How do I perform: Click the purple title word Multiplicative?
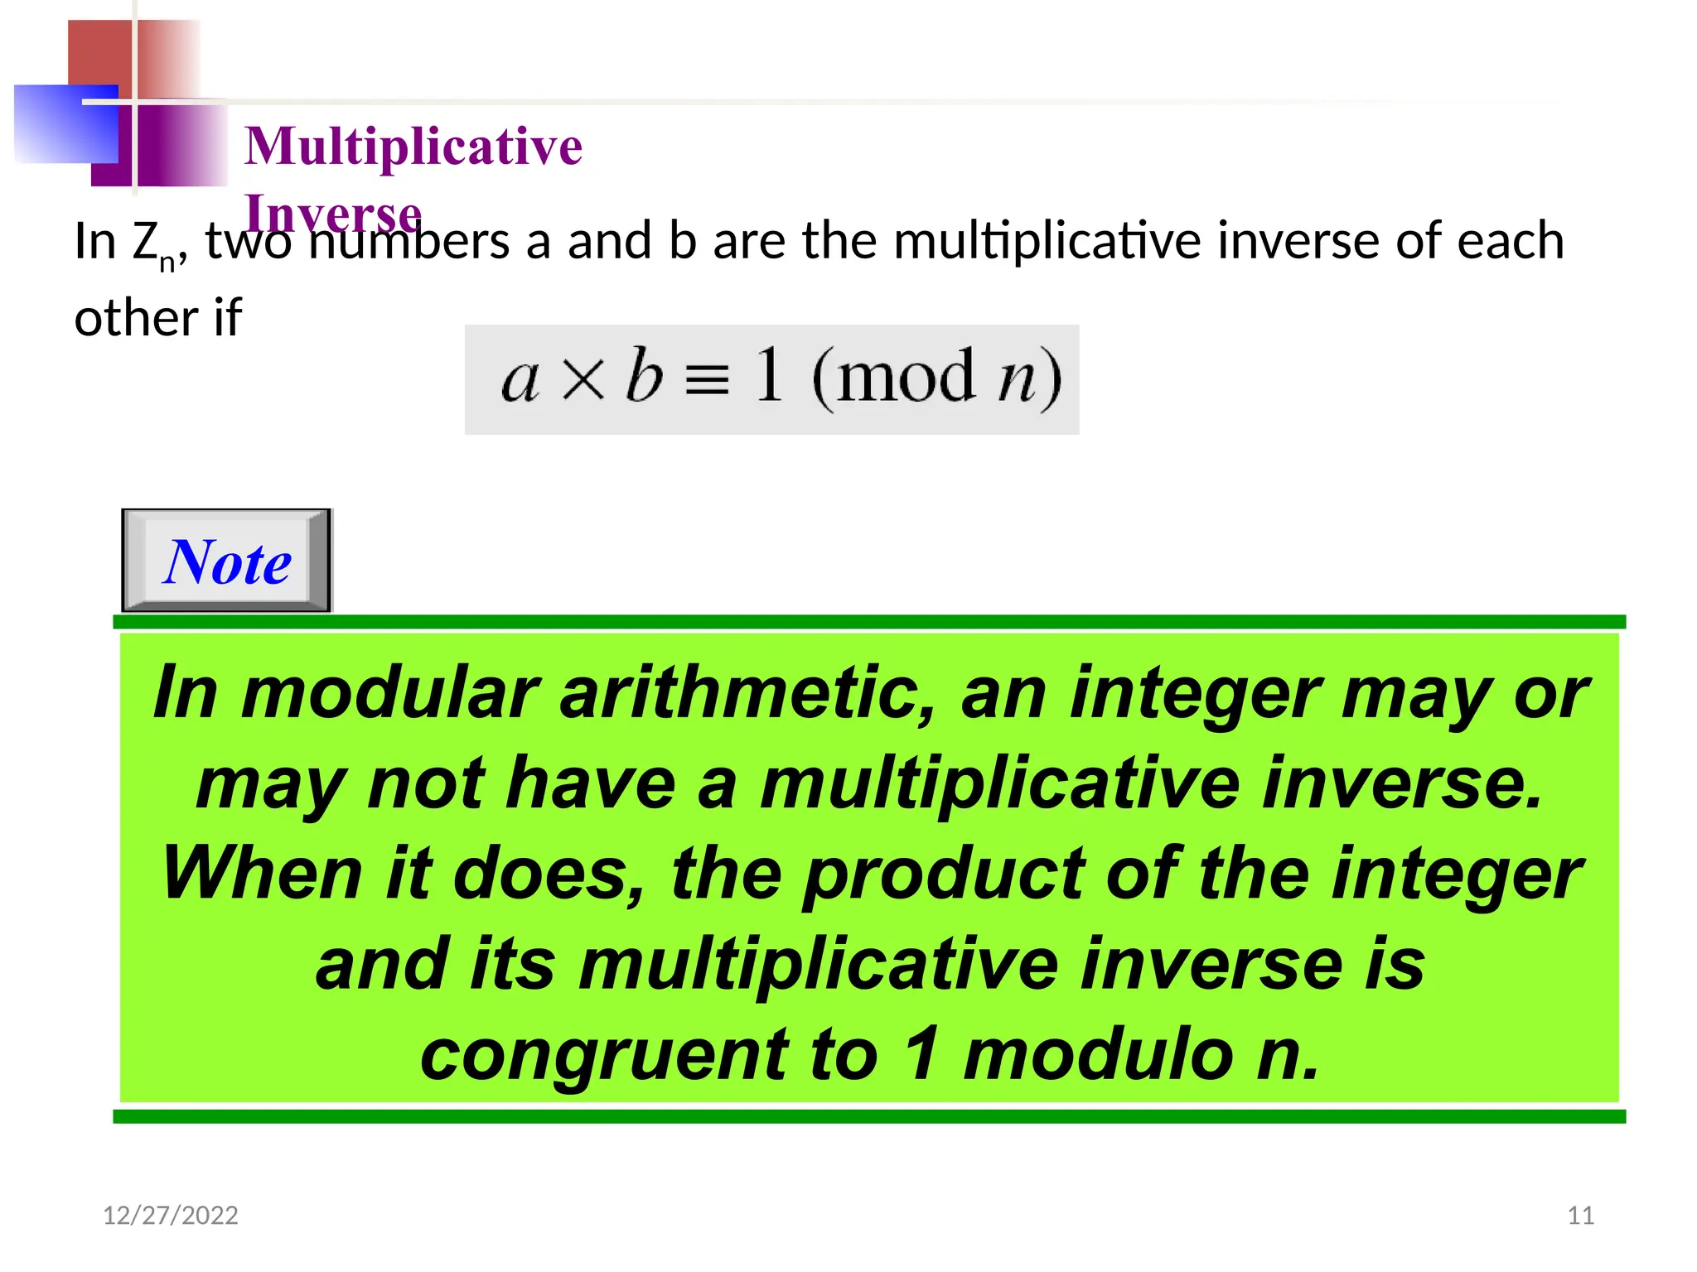pos(413,147)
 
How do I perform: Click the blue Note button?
pos(226,561)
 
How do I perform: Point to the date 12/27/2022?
pos(170,1215)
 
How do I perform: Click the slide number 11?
pos(1580,1215)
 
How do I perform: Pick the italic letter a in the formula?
pos(520,380)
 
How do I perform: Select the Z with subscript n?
pos(152,244)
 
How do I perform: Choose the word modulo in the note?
pos(1099,1055)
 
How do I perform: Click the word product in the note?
pos(943,874)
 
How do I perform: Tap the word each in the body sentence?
pos(1510,241)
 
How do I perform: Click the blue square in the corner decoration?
pos(66,124)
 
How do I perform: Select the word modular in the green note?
pos(389,693)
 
